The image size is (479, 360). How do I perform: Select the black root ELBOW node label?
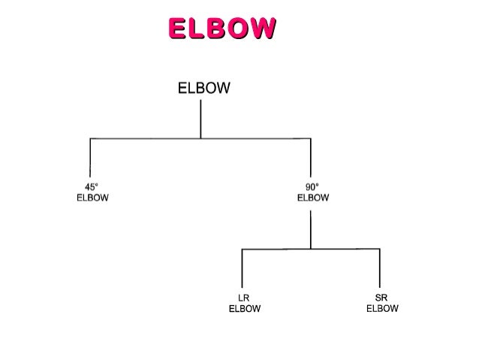203,89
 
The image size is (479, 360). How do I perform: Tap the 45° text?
92,188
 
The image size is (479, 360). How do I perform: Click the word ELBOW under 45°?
92,198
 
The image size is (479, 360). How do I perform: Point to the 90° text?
312,188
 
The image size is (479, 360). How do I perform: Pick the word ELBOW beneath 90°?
312,198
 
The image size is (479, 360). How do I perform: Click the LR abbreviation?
243,298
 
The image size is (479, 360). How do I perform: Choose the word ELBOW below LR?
244,308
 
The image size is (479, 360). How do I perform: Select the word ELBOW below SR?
382,308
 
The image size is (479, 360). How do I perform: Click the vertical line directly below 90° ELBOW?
311,229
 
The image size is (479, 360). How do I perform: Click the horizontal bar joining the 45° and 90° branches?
143,138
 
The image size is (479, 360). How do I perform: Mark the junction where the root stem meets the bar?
200,138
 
